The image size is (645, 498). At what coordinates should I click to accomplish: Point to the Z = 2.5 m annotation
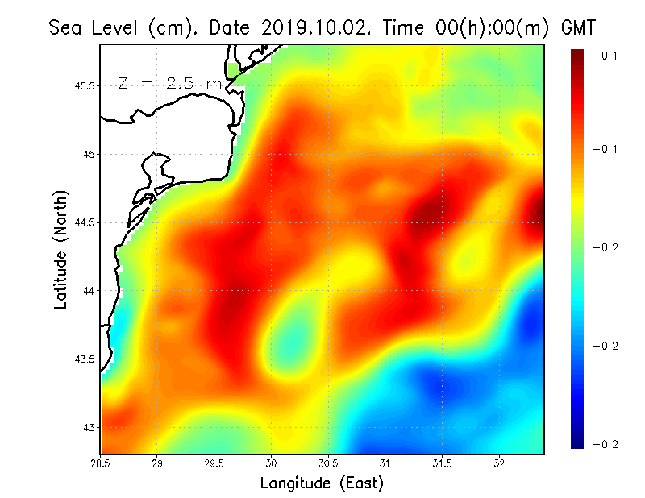[169, 84]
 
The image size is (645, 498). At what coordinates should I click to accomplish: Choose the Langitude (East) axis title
[322, 483]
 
